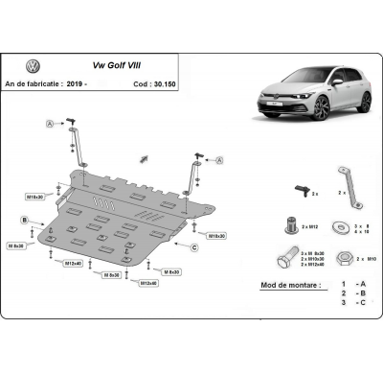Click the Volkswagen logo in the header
click(x=34, y=67)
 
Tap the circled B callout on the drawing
click(x=23, y=221)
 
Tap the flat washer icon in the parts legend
click(x=341, y=227)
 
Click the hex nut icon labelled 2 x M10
click(x=341, y=258)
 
